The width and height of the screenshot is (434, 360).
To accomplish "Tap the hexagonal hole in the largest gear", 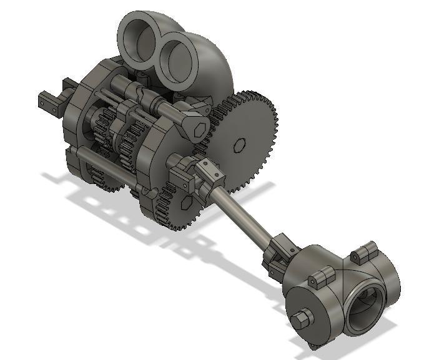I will [x=238, y=145].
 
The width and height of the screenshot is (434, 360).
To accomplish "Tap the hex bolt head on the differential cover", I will [x=301, y=318].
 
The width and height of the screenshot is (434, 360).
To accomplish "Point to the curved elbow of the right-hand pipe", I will [x=212, y=69].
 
